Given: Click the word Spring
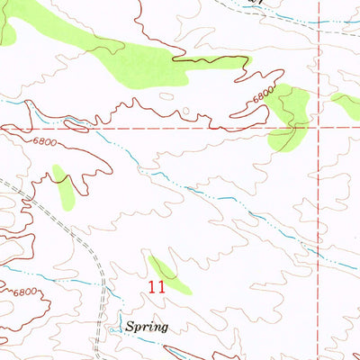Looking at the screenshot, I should click(x=148, y=328).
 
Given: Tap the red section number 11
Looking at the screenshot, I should click(x=157, y=288).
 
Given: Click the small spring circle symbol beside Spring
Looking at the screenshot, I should click(x=112, y=329).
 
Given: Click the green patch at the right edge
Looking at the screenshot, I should click(x=346, y=105).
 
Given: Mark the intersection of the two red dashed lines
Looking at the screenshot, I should click(x=319, y=128).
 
